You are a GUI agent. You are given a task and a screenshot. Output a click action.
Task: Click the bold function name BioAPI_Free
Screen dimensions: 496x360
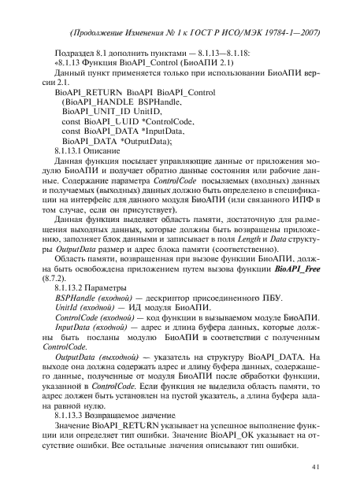[302, 287]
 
